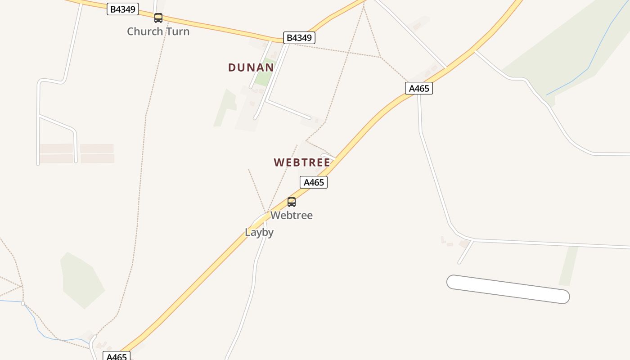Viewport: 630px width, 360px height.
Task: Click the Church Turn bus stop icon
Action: [158, 18]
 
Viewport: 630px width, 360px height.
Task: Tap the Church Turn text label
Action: [158, 31]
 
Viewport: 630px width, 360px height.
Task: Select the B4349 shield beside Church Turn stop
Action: [122, 9]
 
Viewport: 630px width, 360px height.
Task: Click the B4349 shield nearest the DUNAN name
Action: [299, 38]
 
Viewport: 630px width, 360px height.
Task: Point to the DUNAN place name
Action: [251, 67]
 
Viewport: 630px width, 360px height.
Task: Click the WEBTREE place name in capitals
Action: [302, 162]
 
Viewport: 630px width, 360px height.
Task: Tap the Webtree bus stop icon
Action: [292, 202]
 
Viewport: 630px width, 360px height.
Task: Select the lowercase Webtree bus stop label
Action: [292, 215]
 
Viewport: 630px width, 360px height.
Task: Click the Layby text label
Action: [259, 232]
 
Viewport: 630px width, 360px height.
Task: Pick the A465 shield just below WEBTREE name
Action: [314, 182]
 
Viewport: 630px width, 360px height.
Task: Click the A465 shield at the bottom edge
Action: [117, 356]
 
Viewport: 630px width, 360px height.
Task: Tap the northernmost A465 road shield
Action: [419, 88]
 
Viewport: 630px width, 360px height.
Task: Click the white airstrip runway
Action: [508, 289]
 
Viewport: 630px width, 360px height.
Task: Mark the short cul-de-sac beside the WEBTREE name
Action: [328, 156]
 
